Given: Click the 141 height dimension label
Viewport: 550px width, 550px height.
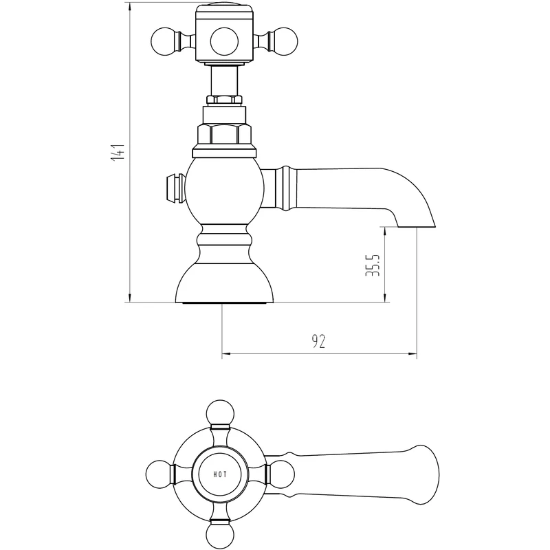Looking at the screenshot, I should [118, 152].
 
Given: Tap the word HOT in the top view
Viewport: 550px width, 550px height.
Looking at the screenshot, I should [220, 474].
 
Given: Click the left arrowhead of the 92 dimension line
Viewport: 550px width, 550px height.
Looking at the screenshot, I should [225, 355].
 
